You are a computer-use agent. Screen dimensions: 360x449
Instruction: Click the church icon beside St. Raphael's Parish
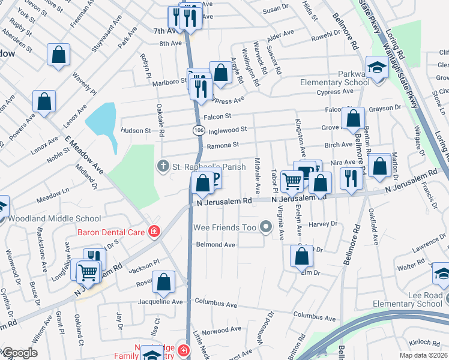[162, 166]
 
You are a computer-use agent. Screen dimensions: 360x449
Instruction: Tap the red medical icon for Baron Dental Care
[154, 231]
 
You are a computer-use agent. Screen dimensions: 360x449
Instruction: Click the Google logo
[19, 353]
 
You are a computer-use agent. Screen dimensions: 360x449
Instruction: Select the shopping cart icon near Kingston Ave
[292, 180]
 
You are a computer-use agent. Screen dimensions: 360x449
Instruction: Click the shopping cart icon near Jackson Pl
[88, 272]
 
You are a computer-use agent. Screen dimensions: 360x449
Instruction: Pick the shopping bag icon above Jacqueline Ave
[163, 282]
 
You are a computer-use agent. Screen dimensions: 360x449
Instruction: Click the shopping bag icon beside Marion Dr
[379, 164]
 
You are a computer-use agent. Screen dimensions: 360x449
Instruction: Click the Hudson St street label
[136, 130]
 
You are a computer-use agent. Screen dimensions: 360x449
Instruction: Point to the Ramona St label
[223, 145]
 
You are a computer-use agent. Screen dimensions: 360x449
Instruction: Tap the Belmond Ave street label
[215, 245]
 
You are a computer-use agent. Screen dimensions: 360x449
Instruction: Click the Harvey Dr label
[324, 224]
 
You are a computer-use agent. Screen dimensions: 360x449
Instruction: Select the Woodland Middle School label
[46, 217]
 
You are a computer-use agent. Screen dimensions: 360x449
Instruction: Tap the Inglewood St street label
[227, 129]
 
